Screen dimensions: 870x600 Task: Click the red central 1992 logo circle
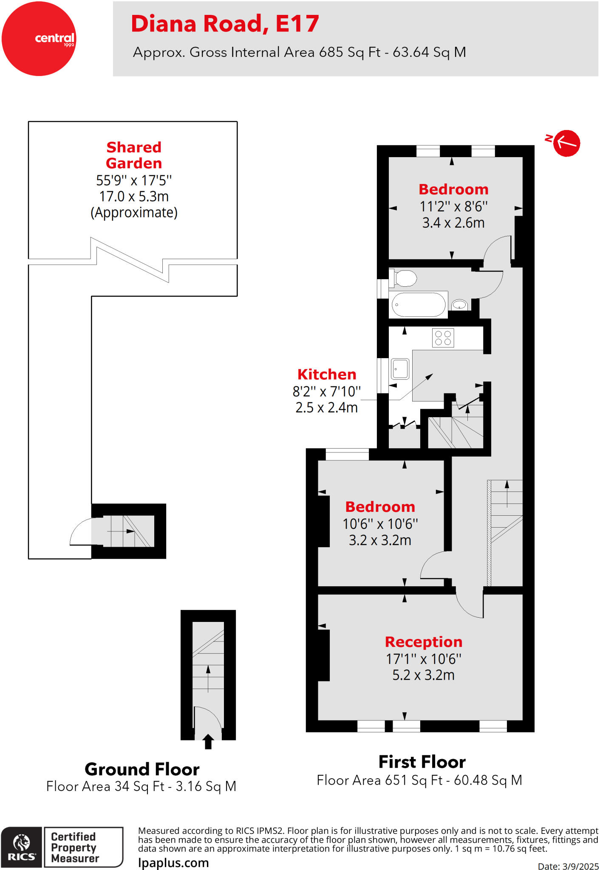tap(39, 39)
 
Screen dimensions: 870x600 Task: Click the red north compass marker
tap(567, 143)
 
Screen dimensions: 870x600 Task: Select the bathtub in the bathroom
tap(418, 305)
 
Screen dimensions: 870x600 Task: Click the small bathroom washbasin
tap(459, 305)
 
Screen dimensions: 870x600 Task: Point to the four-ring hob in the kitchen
tap(443, 338)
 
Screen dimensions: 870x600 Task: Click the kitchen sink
tap(400, 369)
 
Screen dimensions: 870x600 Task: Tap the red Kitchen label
tap(326, 374)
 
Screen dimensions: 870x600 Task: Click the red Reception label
tap(423, 642)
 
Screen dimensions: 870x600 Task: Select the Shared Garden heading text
tap(134, 155)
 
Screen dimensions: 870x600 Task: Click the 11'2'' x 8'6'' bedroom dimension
tap(453, 206)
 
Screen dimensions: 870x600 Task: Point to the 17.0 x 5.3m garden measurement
tap(134, 196)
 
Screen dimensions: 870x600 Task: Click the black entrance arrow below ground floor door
tap(208, 742)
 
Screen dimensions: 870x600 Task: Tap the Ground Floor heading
tap(142, 769)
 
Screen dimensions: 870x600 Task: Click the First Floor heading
tap(422, 762)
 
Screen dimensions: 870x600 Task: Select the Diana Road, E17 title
tap(225, 24)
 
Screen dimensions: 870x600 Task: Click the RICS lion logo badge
tap(22, 847)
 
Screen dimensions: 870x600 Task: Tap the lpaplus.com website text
tap(173, 863)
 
